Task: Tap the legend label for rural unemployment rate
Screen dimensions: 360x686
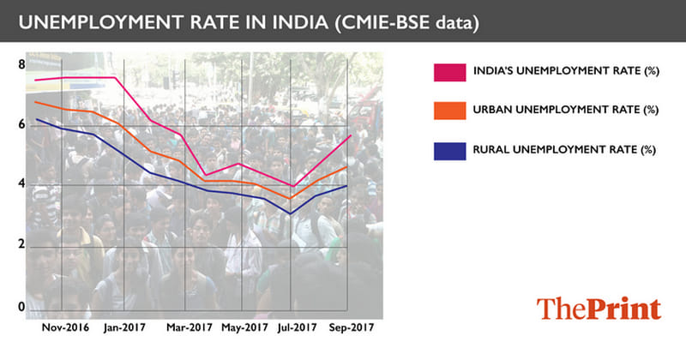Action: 563,149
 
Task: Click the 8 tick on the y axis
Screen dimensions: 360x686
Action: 21,63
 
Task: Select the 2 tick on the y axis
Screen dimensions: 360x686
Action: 21,246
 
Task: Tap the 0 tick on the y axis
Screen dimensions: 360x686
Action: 21,307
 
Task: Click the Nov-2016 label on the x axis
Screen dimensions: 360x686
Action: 66,328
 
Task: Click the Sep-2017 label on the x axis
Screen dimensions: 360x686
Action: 352,328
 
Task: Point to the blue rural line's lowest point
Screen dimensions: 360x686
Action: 292,213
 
